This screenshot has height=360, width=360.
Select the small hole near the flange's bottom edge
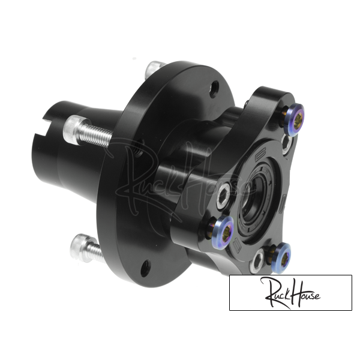pos(146,268)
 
